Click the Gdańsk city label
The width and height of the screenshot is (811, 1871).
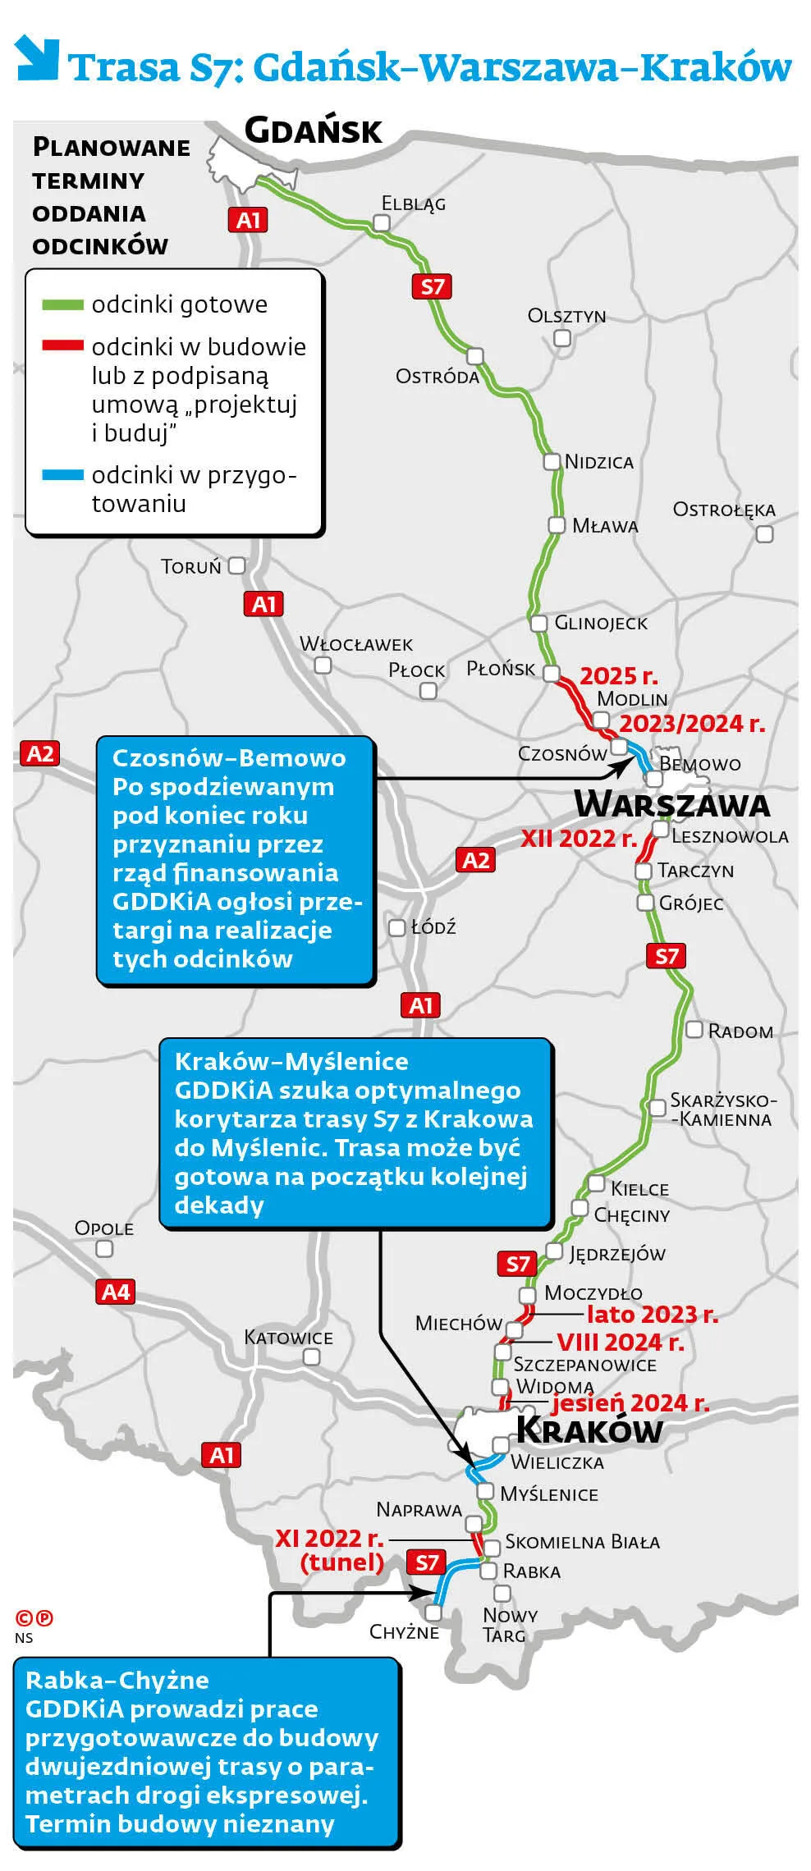point(314,131)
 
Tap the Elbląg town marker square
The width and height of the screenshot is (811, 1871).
point(382,222)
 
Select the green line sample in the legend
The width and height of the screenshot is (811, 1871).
point(62,305)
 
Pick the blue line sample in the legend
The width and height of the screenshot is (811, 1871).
point(62,475)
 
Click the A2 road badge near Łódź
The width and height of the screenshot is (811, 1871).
point(476,860)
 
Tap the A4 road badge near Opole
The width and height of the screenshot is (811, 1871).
point(116,1292)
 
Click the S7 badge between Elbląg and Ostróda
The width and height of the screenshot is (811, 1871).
point(432,286)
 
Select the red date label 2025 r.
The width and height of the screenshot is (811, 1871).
point(619,676)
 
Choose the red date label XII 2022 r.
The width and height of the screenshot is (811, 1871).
point(579,839)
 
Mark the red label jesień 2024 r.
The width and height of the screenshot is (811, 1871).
point(630,1403)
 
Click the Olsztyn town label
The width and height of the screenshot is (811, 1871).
point(566,316)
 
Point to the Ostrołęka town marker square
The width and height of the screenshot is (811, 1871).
point(764,534)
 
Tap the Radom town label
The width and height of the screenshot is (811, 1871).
point(740,1032)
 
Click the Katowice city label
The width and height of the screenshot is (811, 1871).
point(288,1338)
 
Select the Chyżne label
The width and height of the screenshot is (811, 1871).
point(404,1631)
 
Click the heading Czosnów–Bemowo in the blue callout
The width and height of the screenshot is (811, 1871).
point(229,758)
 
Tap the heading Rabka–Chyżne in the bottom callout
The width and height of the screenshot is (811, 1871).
point(117,1681)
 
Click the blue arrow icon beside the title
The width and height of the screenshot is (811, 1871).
point(37,57)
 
